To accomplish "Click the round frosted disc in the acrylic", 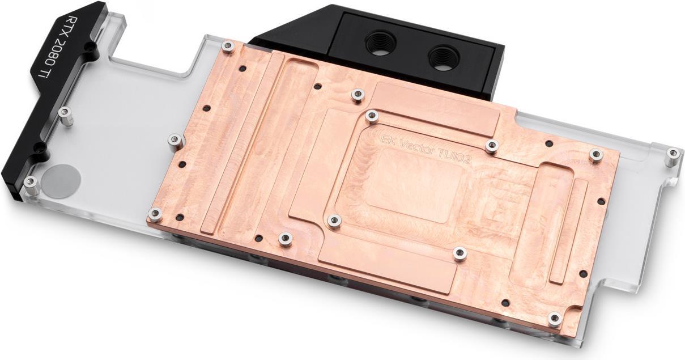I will point(62,180).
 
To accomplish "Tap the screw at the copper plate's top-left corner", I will point(228,46).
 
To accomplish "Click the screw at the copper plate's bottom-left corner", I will point(155,214).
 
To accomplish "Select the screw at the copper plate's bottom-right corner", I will point(555,318).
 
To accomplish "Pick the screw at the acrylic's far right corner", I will point(673,153).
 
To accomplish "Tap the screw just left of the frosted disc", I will point(31,182).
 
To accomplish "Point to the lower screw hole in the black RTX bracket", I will point(39,148).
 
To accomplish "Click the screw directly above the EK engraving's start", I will point(372,117).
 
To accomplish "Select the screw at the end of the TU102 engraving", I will point(492,146).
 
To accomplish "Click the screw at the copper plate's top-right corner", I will point(595,154).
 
